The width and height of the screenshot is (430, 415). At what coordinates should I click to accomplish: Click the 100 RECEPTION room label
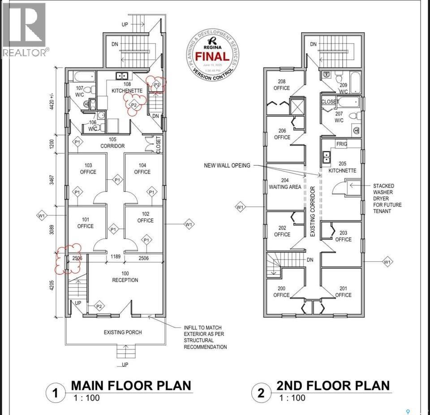(125, 277)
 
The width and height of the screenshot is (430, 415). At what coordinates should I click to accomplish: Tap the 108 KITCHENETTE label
(127, 87)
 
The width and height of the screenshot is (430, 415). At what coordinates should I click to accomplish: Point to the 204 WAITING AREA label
(285, 183)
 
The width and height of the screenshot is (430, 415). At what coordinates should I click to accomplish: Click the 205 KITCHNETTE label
(343, 167)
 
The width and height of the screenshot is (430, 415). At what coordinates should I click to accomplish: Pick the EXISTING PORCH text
(123, 332)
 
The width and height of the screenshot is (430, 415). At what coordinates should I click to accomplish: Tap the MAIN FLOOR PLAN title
(131, 385)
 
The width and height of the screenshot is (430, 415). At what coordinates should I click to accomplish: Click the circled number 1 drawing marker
(55, 393)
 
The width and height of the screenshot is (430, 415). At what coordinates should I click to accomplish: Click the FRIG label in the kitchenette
(343, 144)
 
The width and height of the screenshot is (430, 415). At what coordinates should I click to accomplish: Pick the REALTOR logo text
(25, 53)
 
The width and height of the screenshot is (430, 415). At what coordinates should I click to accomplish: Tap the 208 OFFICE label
(282, 85)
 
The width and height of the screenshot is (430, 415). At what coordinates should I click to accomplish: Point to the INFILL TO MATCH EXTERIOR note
(205, 337)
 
